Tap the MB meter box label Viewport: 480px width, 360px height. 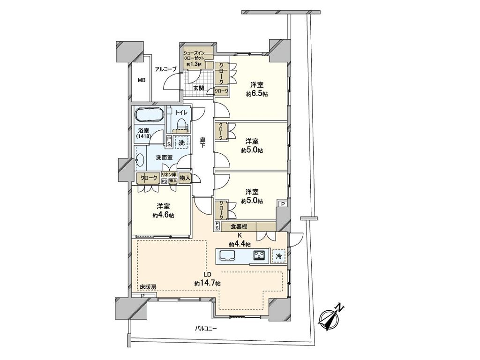[142, 81]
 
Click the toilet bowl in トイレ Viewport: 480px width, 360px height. [181, 124]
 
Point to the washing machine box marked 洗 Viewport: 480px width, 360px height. [182, 142]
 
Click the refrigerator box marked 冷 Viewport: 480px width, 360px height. [278, 256]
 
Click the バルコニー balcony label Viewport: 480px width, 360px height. [206, 329]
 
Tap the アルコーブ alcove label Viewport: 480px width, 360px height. [165, 69]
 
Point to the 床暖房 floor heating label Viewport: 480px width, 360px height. [148, 287]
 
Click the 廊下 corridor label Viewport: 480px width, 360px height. [202, 143]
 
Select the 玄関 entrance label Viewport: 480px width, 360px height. [198, 88]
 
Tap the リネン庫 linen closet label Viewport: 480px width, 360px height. [169, 175]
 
